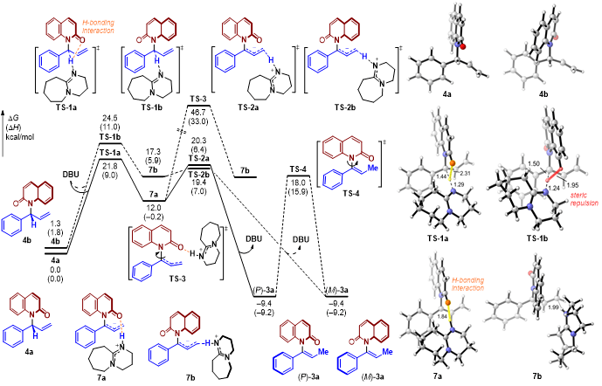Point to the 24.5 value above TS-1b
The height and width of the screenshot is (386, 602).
tap(109, 128)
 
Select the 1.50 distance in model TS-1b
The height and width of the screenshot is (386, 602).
tap(521, 162)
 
